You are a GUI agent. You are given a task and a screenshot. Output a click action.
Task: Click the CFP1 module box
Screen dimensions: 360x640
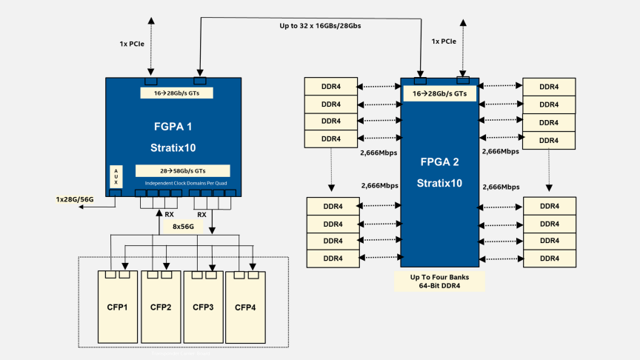[119, 307]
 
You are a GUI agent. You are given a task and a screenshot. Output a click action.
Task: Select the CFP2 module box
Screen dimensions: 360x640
[161, 307]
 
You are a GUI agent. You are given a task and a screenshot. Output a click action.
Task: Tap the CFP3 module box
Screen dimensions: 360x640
[203, 307]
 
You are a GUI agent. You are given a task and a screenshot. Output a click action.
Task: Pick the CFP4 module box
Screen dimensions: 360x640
[245, 307]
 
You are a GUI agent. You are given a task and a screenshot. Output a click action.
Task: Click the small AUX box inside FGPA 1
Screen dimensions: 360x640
[115, 176]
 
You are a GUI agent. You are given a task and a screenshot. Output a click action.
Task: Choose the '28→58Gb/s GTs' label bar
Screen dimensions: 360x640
[182, 170]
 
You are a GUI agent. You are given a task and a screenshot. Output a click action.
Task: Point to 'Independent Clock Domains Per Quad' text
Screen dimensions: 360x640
[182, 182]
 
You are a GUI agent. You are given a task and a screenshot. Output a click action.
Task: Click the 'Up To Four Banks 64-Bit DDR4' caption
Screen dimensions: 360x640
[439, 281]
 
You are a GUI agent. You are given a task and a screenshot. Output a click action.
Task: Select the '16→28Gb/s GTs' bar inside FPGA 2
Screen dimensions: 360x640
[439, 94]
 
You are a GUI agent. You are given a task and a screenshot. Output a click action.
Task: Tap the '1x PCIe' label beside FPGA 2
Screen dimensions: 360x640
[444, 41]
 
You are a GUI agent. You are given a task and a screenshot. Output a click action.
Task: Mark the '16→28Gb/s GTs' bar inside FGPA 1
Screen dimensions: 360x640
[176, 93]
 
